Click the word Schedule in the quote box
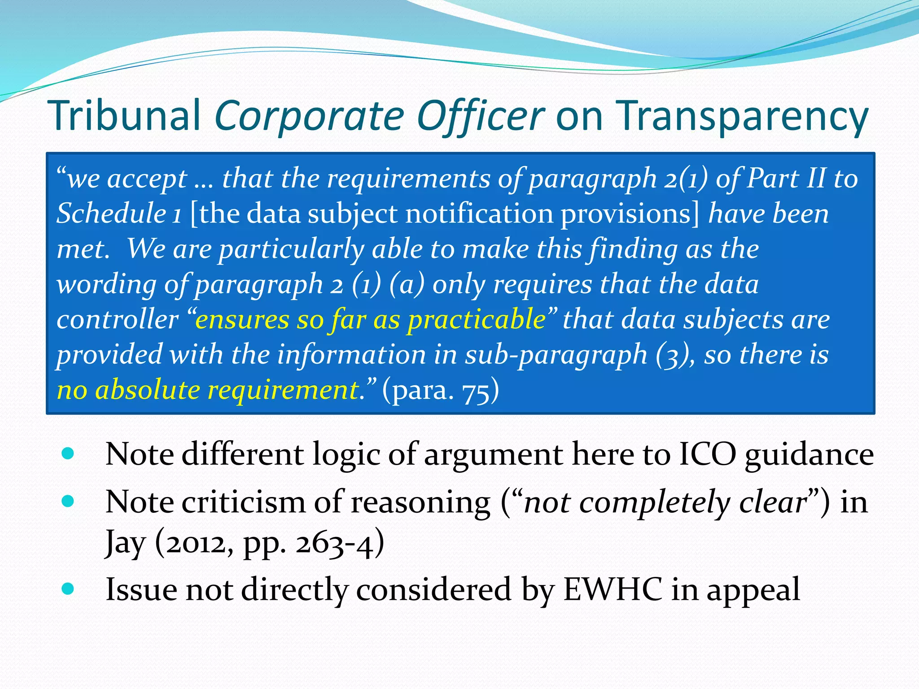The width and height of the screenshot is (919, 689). click(111, 213)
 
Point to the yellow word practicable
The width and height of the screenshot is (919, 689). click(477, 319)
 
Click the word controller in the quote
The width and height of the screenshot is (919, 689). click(118, 319)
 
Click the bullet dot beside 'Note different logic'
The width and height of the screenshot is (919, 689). click(68, 454)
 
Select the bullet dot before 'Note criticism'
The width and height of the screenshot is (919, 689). click(68, 501)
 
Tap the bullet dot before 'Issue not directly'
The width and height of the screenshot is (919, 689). click(68, 588)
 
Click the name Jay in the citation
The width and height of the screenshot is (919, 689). click(125, 543)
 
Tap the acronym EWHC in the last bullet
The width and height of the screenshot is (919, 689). click(612, 589)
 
